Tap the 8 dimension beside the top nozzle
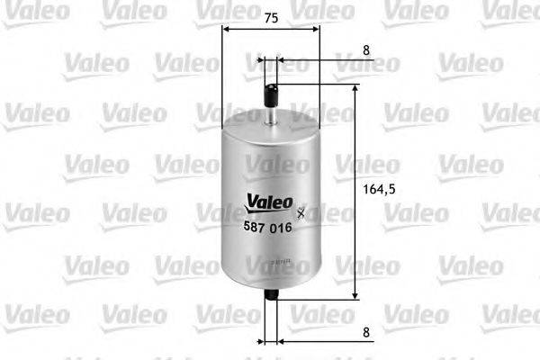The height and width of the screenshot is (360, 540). (366, 52)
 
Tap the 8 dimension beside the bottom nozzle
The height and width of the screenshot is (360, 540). (366, 332)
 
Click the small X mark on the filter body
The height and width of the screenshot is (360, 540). (301, 214)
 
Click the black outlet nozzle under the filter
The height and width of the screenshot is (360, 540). (271, 301)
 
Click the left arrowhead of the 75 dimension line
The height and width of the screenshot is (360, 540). (226, 29)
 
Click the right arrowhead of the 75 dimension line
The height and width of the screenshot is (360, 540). (315, 29)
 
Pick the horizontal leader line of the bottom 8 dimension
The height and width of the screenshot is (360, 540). (315, 342)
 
